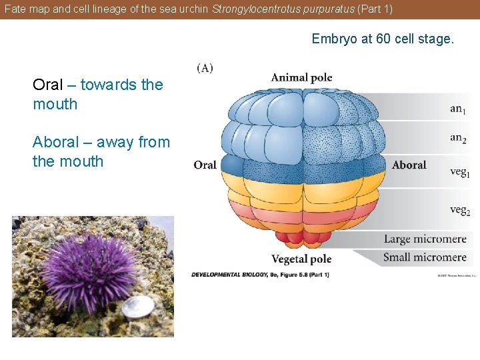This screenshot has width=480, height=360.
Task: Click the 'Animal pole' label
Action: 301,77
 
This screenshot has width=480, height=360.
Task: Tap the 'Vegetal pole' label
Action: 301,259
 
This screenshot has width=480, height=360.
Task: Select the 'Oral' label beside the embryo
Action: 205,165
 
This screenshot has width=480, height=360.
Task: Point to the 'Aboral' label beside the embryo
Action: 409,165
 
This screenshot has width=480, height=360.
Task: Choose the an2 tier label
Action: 458,138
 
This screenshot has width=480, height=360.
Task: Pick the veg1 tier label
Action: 459,171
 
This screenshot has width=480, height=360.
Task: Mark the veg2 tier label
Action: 459,210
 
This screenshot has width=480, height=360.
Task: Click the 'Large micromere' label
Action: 425,239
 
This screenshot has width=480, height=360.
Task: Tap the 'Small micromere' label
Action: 425,257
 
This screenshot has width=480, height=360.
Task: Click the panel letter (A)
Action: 205,68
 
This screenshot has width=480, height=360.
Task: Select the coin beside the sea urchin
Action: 138,307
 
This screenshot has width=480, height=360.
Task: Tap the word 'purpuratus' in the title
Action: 331,9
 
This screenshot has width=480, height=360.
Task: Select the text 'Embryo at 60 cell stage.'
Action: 383,39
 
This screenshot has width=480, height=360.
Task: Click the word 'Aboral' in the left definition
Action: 55,142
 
